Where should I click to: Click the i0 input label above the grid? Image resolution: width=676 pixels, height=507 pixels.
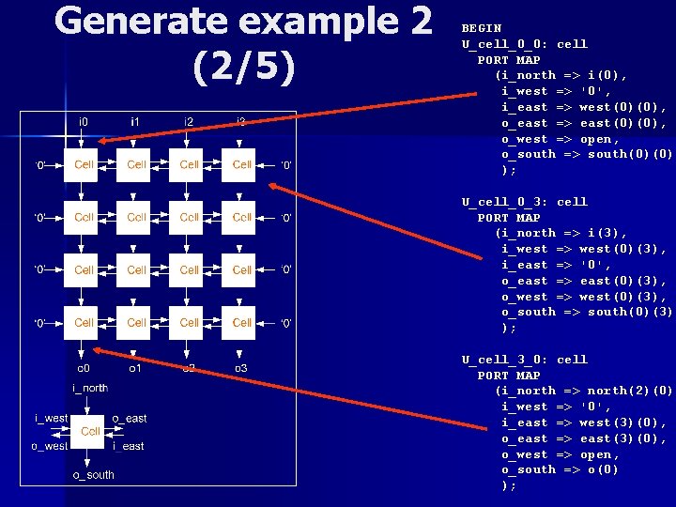pos(84,122)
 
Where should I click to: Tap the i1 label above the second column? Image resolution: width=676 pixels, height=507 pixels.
pos(136,122)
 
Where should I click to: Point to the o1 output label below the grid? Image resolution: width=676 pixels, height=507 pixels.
pos(136,367)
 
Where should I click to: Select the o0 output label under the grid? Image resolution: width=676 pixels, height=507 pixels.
pos(84,367)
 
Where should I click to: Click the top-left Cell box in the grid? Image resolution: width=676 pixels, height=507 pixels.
pos(84,165)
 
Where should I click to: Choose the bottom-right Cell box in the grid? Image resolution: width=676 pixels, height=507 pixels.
pos(242,322)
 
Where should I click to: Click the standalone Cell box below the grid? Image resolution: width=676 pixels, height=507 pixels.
pos(90,431)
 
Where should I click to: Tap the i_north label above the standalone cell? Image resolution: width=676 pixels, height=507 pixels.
pos(90,388)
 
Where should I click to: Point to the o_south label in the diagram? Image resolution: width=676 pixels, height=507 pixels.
pos(94,475)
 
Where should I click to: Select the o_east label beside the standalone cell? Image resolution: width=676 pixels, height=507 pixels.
pos(130,418)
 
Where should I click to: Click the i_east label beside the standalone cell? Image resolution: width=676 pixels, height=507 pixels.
pos(129,446)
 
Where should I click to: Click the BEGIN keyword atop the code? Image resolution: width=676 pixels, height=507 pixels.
pos(482,28)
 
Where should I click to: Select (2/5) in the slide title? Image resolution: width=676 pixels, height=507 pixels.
pos(243,68)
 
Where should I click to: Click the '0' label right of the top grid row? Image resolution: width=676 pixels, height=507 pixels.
pos(286,165)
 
